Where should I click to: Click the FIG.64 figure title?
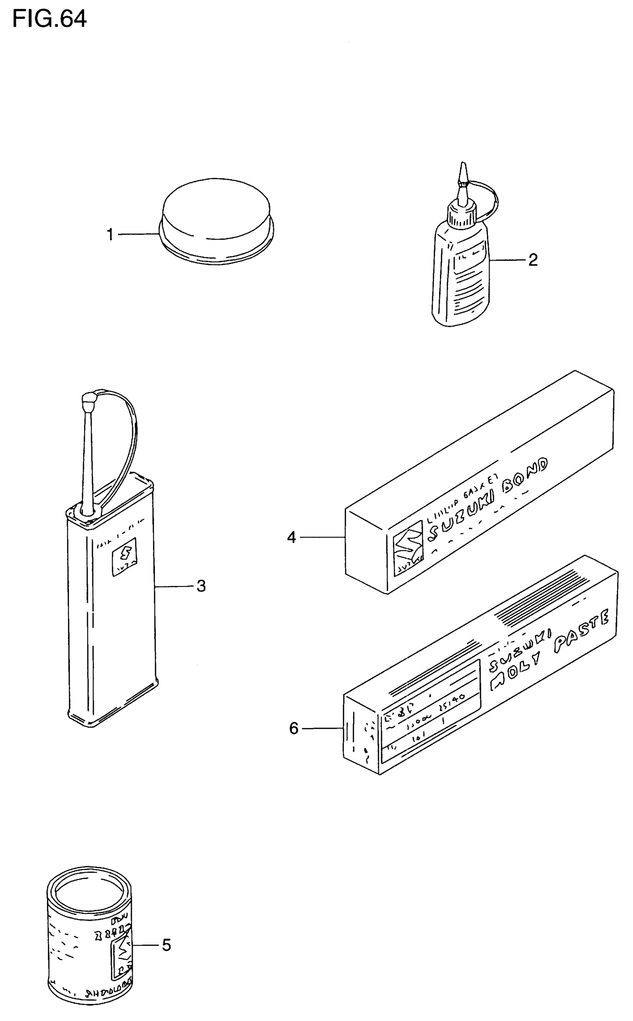(50, 19)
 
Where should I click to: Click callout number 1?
(110, 235)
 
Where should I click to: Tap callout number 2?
(532, 260)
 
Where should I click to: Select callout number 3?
(201, 586)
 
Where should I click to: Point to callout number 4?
(292, 537)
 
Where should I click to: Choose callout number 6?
(294, 728)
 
